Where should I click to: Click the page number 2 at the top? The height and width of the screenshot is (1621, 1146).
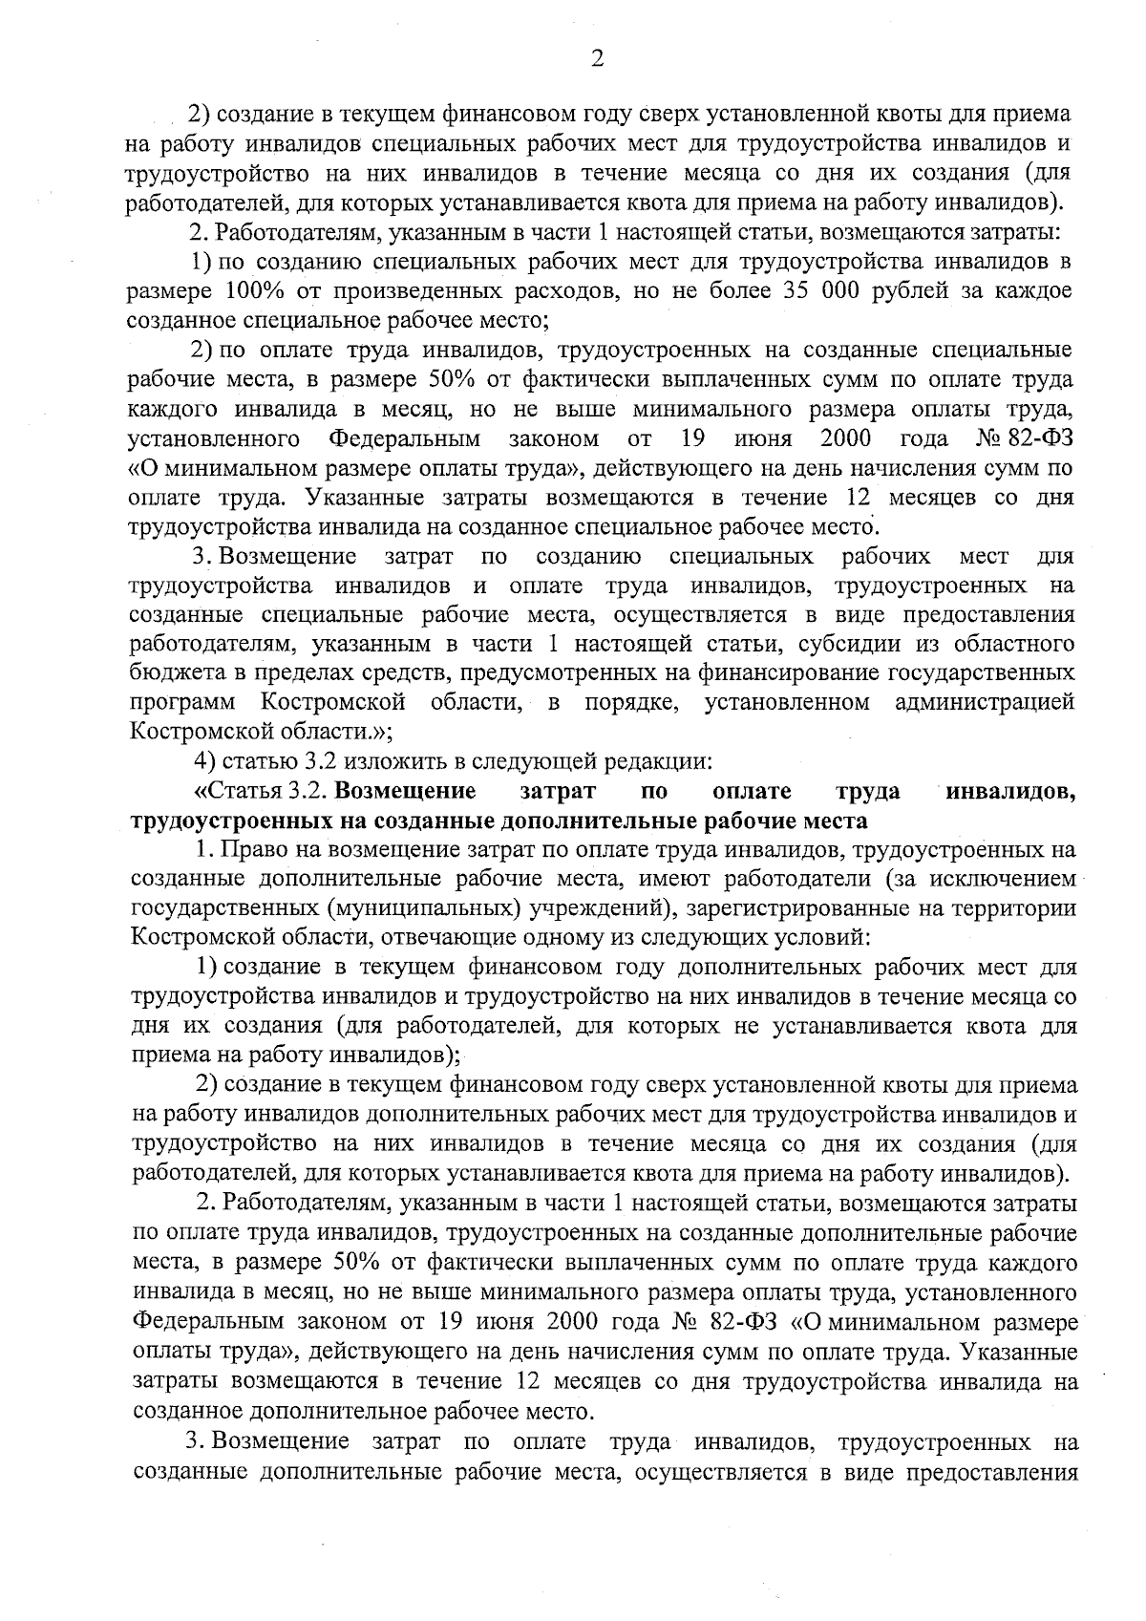click(597, 59)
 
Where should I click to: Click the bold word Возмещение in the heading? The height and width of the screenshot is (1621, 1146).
click(407, 791)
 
